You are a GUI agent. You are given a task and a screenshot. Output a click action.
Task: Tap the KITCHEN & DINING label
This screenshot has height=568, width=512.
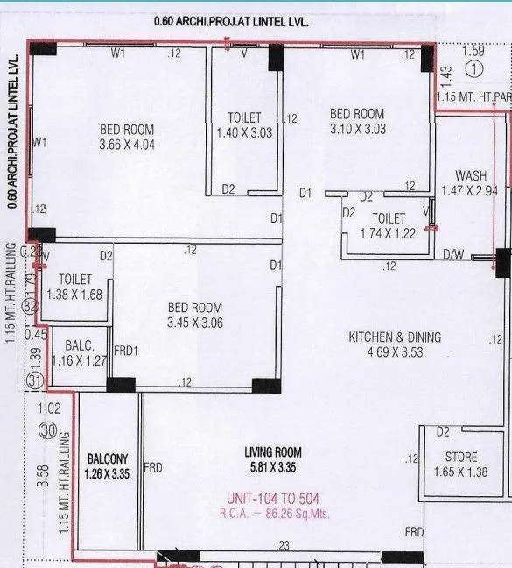(x=395, y=337)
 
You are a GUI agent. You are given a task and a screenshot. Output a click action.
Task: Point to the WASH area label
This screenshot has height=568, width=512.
(x=470, y=175)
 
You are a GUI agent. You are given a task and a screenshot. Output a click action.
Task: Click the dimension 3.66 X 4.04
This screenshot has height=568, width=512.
(x=126, y=145)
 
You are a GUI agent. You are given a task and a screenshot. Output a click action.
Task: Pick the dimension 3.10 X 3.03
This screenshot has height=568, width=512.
(x=356, y=129)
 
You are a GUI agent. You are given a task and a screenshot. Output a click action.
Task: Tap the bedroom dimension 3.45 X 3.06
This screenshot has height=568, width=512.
(x=195, y=323)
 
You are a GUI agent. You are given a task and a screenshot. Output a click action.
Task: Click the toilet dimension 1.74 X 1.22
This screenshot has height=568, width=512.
(x=388, y=232)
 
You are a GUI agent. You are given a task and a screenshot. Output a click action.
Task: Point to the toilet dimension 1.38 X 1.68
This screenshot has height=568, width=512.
(x=74, y=295)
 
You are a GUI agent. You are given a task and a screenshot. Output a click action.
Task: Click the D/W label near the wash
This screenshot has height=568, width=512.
(x=455, y=256)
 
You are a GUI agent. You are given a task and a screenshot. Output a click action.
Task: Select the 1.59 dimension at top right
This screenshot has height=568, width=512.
(x=473, y=51)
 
